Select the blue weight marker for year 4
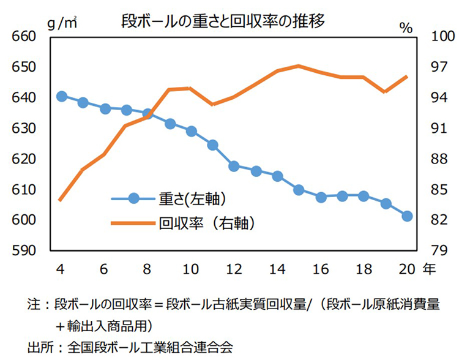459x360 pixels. [x=61, y=97]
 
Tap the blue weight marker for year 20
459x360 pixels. [x=407, y=216]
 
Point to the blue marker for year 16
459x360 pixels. [x=321, y=197]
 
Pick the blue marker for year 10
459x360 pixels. [x=191, y=132]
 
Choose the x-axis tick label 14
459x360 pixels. [x=277, y=269]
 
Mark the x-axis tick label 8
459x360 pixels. [x=147, y=269]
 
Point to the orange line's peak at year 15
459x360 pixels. [x=299, y=66]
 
